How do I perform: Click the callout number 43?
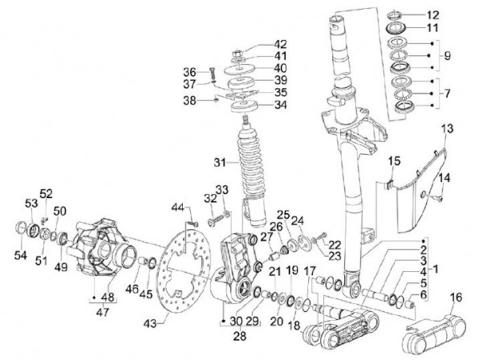[150, 324]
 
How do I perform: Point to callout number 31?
[220, 162]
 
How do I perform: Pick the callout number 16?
[456, 298]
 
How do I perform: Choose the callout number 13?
[447, 129]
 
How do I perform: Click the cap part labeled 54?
[20, 227]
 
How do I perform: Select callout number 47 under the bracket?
[102, 312]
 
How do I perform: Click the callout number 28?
[239, 336]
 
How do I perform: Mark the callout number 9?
[447, 56]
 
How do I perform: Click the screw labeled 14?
[438, 197]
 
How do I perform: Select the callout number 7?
[447, 93]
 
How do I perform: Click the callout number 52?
[46, 194]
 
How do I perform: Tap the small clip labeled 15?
[389, 184]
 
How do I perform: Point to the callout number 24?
[298, 221]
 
